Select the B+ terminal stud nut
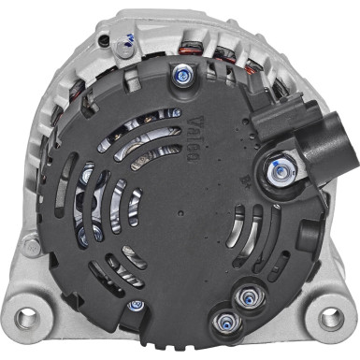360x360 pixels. coord(279,169)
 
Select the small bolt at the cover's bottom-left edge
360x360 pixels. coord(137,305)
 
